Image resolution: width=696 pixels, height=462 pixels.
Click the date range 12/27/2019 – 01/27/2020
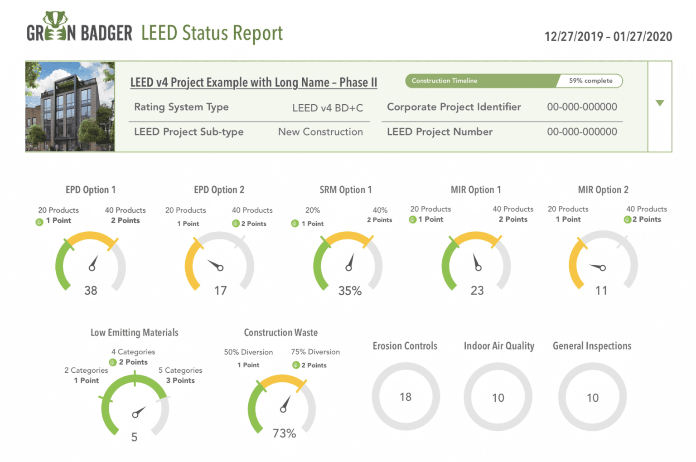pos(608,37)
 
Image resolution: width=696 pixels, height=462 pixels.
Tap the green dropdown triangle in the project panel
pos(660,103)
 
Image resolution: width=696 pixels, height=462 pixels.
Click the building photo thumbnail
pos(70,107)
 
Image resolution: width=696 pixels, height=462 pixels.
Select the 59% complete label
pos(590,81)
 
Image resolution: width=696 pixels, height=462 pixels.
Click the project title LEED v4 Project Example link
pos(253,83)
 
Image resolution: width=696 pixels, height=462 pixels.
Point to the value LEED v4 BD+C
pos(327,108)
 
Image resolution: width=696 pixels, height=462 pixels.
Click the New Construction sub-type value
pos(320,132)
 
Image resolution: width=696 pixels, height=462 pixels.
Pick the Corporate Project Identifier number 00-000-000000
pos(582,107)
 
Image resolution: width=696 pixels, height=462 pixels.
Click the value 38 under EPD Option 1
pos(91,291)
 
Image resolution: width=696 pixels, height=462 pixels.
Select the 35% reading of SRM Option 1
pos(350,291)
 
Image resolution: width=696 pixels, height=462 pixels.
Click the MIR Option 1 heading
pos(475,190)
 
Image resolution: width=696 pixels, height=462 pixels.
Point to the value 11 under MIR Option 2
pos(601,291)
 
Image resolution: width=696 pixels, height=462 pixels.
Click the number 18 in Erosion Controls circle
pos(406,397)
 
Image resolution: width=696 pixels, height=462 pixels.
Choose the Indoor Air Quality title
pos(499,346)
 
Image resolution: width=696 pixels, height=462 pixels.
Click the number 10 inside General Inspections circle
pos(593,398)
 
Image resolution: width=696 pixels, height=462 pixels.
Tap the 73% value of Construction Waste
pos(284,433)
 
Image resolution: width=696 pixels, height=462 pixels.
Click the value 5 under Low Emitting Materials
pos(134,437)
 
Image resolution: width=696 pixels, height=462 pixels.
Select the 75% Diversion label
pos(315,352)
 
